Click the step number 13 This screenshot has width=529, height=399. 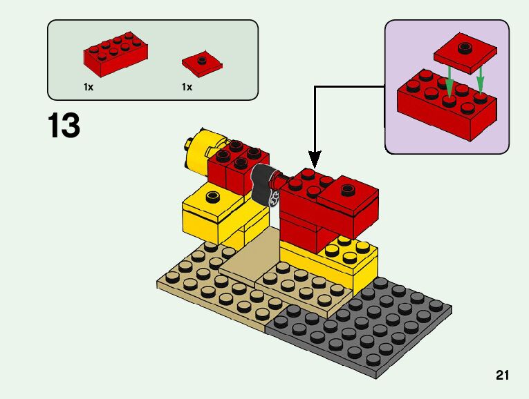(x=64, y=126)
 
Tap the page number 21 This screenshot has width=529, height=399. (x=502, y=376)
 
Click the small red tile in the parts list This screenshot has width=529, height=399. (x=202, y=63)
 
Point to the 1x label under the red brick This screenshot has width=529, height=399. (x=89, y=88)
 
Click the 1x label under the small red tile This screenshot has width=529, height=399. (x=187, y=88)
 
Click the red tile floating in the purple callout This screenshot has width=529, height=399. (x=465, y=53)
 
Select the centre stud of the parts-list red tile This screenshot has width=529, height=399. (x=202, y=60)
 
